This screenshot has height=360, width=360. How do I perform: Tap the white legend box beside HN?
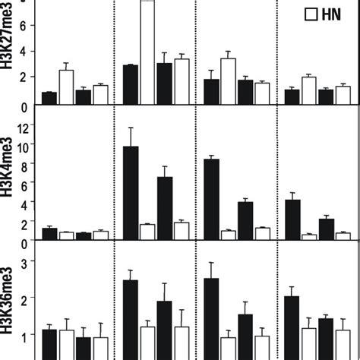[311, 13]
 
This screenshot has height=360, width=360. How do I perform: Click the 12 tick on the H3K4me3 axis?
[30, 127]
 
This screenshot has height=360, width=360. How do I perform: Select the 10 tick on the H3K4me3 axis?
[30, 146]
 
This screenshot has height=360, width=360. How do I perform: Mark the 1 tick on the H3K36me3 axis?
[32, 334]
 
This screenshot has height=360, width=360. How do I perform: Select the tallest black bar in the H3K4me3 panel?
[131, 194]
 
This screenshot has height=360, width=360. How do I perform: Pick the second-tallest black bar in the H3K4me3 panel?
[213, 200]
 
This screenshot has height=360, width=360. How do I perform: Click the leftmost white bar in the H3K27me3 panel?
[66, 87]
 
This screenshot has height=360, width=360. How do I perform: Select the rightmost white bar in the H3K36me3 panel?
[343, 344]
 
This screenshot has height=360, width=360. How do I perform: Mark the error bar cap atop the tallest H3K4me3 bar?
[131, 128]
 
